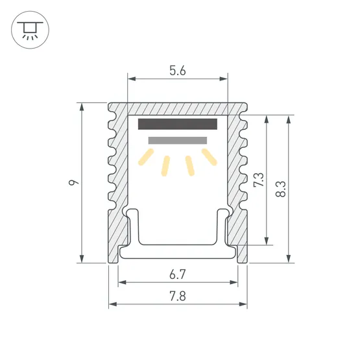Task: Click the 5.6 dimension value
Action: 178,71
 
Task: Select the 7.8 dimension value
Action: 178,296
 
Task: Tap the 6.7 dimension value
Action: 178,274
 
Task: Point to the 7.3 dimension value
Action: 259,180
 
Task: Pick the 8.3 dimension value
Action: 281,189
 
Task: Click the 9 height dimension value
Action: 73,182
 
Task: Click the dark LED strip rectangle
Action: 178,124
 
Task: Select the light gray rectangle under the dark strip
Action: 178,140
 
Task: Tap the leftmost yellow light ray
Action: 146,157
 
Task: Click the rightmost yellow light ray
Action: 209,157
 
